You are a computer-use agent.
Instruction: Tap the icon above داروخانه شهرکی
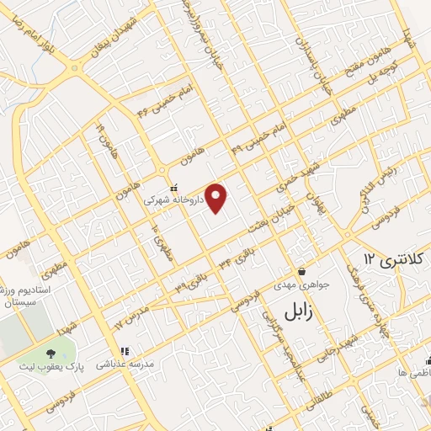pos(173,188)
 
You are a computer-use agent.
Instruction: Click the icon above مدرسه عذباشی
pos(124,351)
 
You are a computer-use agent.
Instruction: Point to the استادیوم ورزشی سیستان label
pos(25,295)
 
